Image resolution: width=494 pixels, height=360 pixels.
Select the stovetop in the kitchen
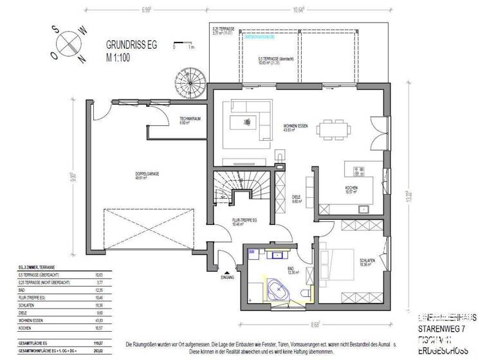[360, 171]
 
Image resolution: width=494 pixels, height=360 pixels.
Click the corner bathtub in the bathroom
[279, 290]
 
